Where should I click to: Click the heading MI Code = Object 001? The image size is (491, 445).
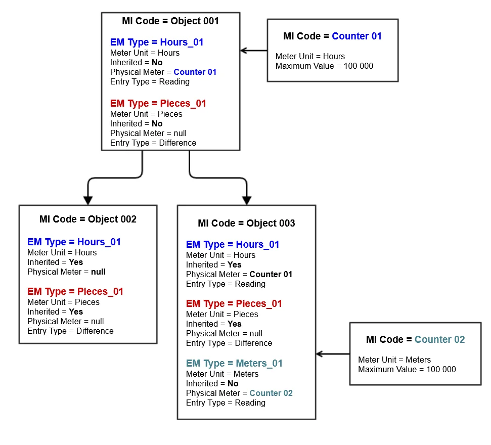170,21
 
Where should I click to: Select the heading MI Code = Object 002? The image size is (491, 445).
88,219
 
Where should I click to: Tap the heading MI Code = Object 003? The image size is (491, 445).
246,223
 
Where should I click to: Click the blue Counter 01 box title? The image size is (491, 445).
332,36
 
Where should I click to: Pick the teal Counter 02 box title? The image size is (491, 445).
415,340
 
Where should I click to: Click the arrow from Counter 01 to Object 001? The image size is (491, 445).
254,51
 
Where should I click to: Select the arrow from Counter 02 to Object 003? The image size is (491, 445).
333,354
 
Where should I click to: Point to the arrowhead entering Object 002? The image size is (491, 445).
88,200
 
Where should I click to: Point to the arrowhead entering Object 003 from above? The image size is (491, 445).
246,200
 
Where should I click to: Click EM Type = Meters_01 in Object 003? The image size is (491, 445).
234,364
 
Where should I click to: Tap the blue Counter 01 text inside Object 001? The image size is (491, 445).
195,72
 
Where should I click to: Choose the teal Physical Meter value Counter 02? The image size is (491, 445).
271,393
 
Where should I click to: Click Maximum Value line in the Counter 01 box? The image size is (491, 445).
324,66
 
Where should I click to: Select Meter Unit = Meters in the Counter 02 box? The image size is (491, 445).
394,360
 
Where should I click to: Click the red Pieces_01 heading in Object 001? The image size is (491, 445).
158,104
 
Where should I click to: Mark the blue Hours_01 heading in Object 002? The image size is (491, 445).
74,242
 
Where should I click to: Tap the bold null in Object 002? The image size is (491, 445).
98,272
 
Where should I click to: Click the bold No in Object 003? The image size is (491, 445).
233,384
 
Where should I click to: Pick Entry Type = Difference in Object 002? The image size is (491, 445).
70,331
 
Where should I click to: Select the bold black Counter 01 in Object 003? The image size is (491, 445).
271,275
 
